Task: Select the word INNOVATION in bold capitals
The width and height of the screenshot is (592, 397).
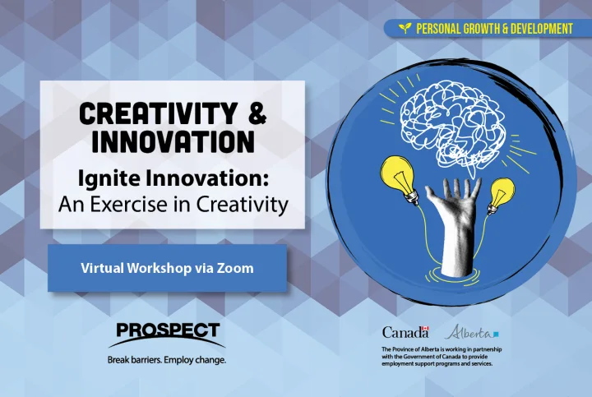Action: point(173,141)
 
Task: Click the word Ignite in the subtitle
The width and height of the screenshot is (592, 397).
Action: point(107,179)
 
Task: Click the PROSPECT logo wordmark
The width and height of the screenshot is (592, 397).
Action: point(168,330)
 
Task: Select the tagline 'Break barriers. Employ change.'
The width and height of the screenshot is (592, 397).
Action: point(166,360)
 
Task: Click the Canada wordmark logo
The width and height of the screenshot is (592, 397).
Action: point(405,332)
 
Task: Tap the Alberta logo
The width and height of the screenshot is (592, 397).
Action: point(472,332)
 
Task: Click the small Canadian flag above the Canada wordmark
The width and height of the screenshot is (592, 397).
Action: point(425,329)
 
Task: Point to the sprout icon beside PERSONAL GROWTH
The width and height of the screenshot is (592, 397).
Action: point(405,28)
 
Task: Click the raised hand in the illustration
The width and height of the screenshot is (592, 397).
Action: point(453,225)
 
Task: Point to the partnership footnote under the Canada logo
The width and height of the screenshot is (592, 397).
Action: point(442,357)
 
